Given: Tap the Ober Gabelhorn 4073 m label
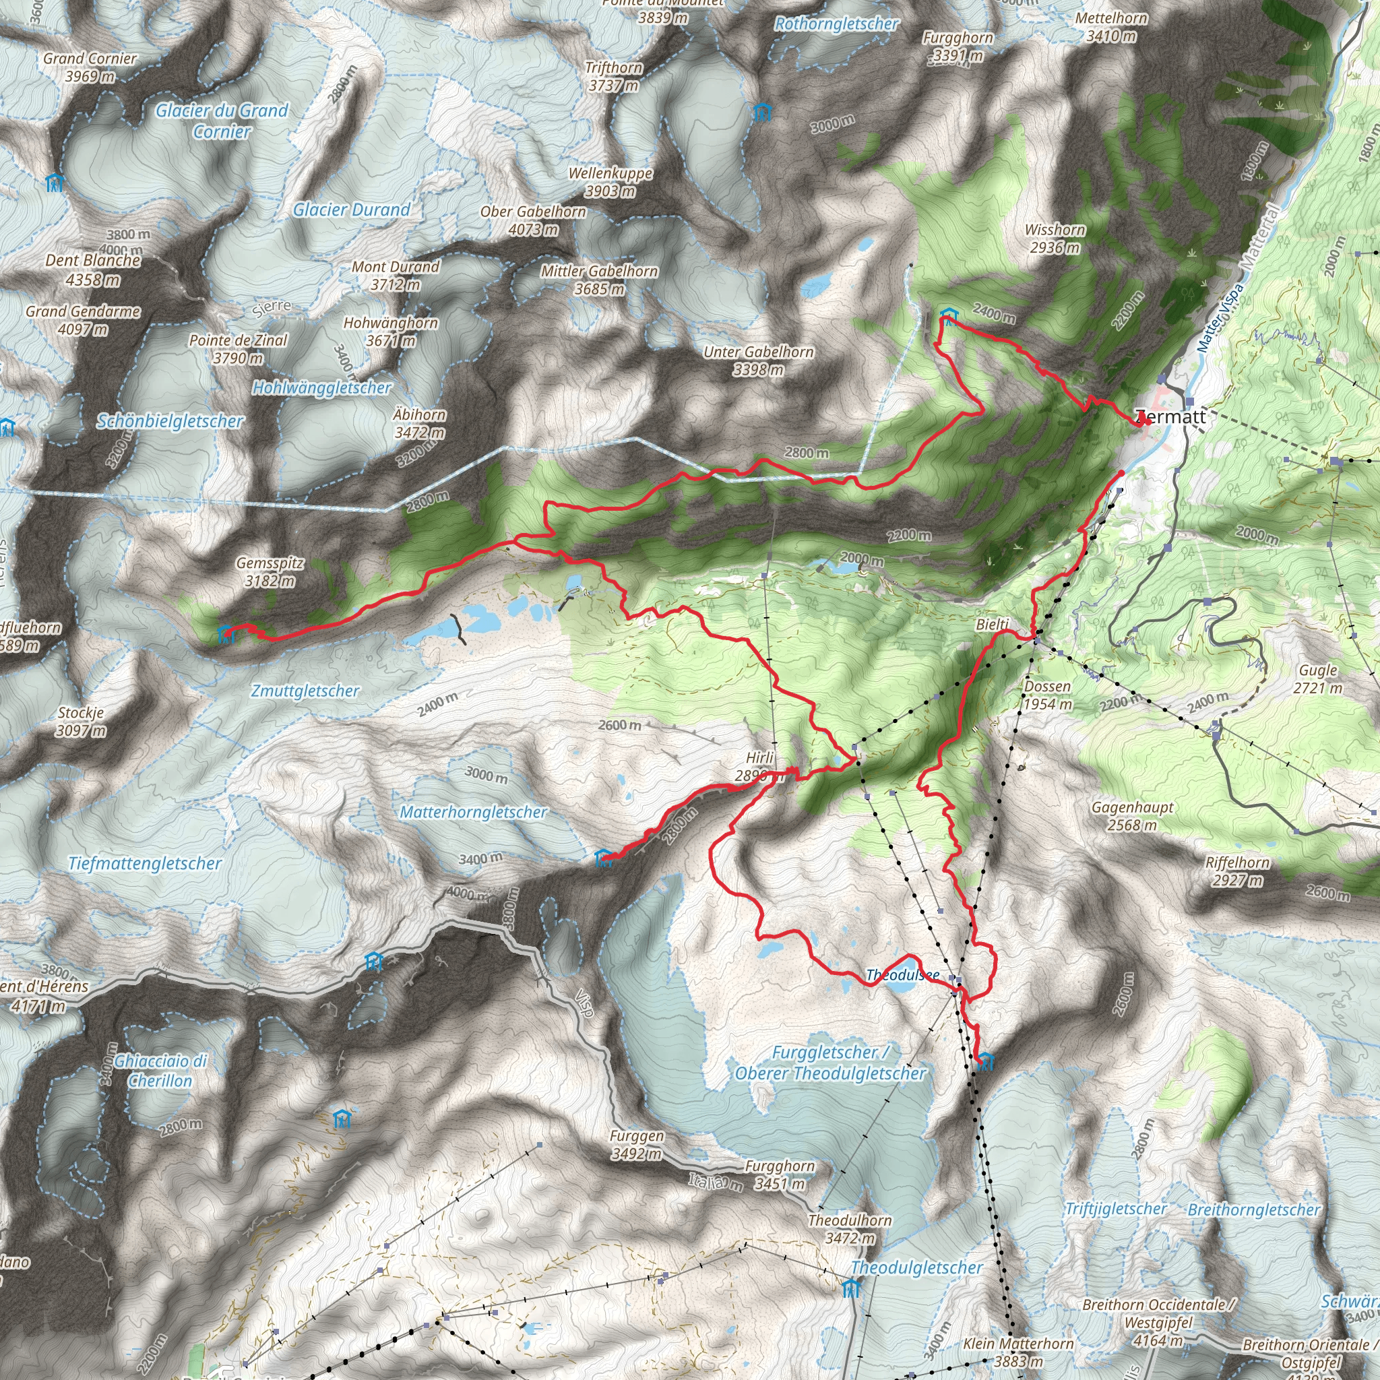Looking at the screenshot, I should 533,220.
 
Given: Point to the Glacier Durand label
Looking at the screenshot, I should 352,210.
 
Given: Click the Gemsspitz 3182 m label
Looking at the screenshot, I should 270,571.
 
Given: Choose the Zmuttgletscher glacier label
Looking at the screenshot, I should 305,690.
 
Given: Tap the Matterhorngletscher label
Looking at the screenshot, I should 474,811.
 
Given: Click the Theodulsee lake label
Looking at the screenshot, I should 903,974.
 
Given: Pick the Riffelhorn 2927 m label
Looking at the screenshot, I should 1237,871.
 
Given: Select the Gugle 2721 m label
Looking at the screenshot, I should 1318,678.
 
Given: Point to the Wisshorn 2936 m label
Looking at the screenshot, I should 1055,238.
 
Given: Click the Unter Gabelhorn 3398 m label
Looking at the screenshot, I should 759,360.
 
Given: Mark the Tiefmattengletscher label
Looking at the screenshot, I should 145,863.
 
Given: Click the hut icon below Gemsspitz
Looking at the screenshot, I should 226,633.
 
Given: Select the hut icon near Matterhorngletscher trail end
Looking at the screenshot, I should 604,857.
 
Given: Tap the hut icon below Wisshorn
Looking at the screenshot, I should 948,315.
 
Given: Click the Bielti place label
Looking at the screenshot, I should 993,624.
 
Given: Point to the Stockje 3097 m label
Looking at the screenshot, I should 81,721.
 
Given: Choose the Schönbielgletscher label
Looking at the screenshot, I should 170,420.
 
